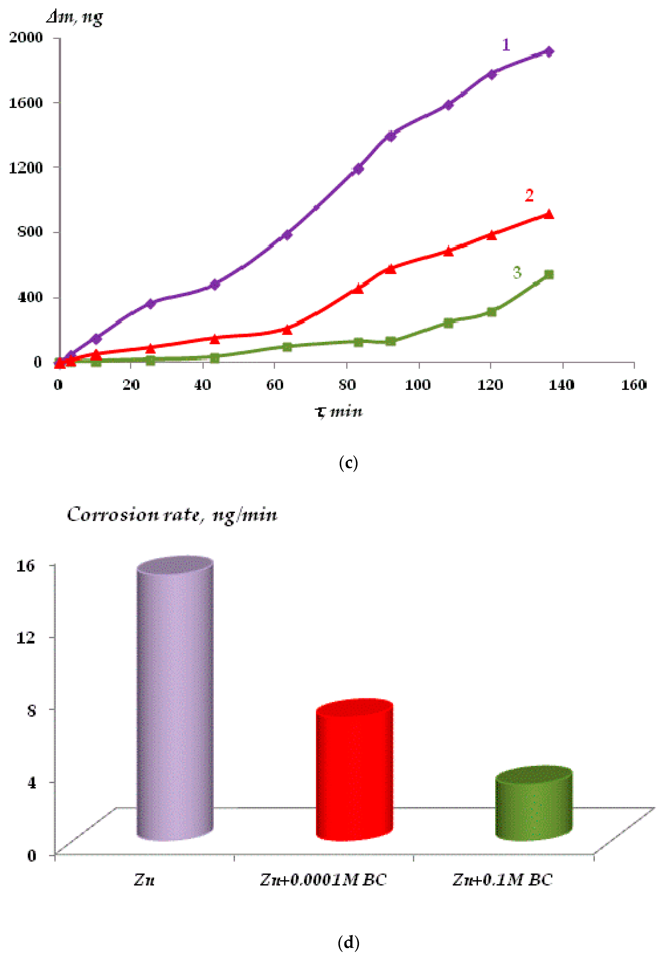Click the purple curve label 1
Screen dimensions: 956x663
[506, 45]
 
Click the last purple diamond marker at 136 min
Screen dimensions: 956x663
[549, 51]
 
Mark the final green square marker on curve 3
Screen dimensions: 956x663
[549, 274]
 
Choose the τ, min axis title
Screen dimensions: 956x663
[339, 412]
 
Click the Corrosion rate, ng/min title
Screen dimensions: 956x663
[172, 515]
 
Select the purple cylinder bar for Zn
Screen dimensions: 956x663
[175, 699]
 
